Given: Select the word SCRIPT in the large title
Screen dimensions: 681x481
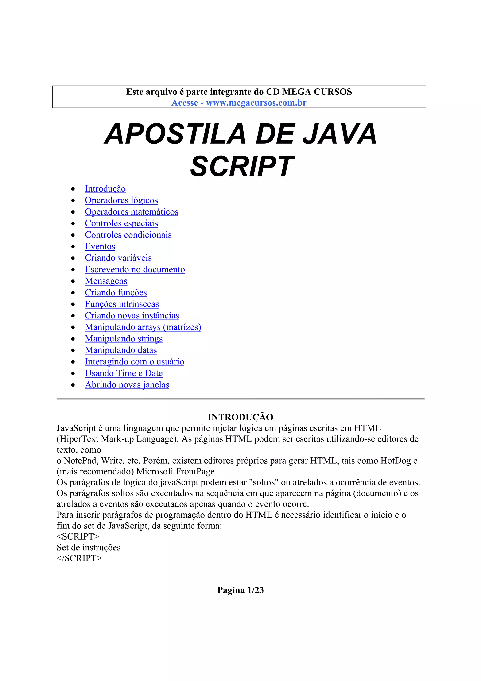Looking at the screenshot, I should point(242,166).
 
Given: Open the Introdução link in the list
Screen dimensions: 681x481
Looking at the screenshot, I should point(105,189).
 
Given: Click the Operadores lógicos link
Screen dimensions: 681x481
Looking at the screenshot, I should point(121,200).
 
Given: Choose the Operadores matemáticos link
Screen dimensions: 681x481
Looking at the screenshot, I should point(132,212).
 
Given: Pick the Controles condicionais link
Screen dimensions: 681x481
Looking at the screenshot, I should point(128,235).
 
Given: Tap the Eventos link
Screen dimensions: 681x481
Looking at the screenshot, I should point(100,247).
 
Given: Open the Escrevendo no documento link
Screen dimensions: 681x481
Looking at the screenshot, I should point(135,270).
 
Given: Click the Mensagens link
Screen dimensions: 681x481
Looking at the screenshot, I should point(106,281).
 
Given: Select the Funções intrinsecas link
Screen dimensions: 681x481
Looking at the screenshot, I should point(122,304).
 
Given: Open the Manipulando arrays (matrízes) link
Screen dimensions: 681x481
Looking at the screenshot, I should point(143,327).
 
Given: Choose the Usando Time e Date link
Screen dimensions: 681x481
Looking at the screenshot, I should point(124,373).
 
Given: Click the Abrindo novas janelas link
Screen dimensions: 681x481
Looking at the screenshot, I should point(127,385).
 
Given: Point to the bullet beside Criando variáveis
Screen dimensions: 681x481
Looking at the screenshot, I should point(73,258).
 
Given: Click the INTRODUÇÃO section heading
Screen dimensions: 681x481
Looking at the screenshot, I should point(240,417).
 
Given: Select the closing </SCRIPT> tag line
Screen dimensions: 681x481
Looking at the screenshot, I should point(79,558).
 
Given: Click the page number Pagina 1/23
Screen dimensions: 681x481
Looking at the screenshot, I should point(240,590).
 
